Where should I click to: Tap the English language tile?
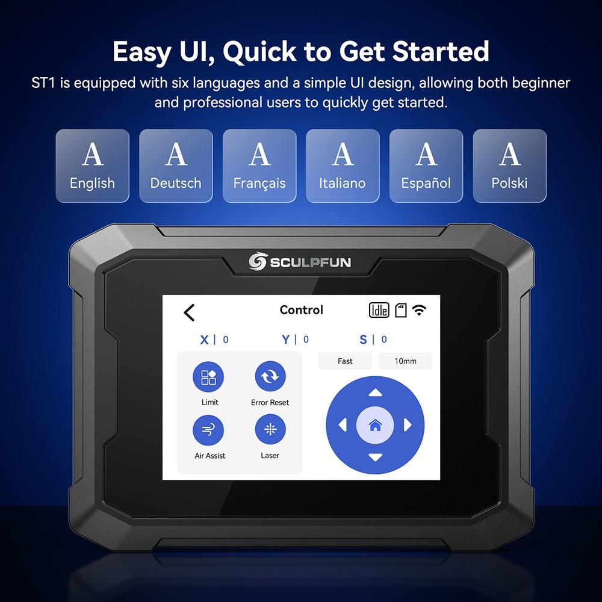(x=92, y=166)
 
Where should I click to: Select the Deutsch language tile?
(x=176, y=166)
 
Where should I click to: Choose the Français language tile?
(x=259, y=166)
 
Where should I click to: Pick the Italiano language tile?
(x=343, y=166)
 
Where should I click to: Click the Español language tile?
(x=426, y=166)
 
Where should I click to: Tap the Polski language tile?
(x=510, y=166)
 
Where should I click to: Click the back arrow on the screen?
(x=189, y=312)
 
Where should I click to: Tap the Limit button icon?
(x=208, y=377)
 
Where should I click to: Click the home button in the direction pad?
(x=375, y=426)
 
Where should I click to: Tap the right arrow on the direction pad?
(x=408, y=426)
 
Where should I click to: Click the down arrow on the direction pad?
(x=375, y=458)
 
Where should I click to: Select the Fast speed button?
(x=346, y=361)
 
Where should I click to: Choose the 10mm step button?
(x=405, y=361)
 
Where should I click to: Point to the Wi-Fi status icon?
(x=419, y=310)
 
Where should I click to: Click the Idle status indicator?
(x=379, y=310)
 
